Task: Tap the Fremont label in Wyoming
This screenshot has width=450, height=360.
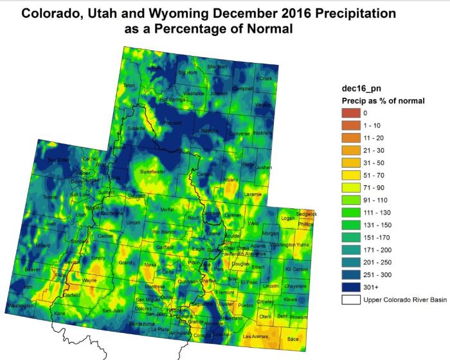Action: pos(174,123)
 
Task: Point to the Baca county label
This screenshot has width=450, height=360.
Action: pos(294,338)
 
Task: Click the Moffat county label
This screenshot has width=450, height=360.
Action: pos(168,210)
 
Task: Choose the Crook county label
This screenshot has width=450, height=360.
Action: pos(265,78)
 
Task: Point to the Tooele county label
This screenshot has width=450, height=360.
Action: pos(32,197)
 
